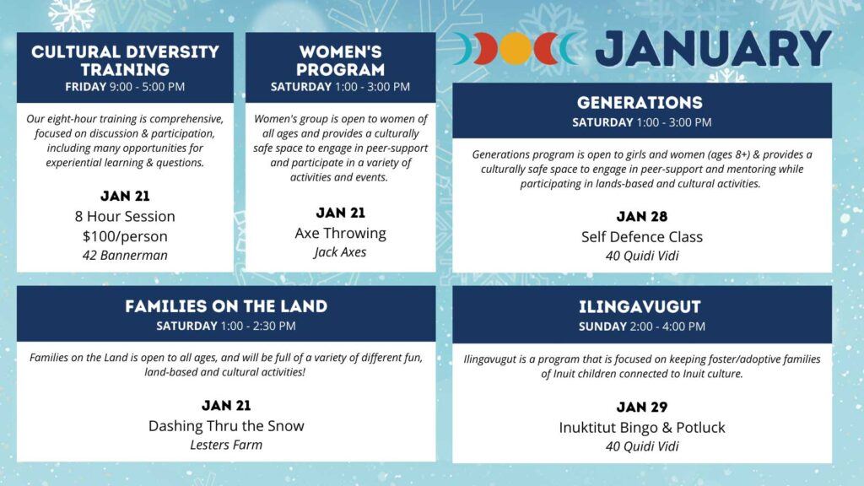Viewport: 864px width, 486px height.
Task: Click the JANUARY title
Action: coord(714,49)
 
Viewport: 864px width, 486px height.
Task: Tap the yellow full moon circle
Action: coord(516,48)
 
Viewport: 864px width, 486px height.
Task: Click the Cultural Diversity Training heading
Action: coord(125,61)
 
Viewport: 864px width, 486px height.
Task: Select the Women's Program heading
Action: coord(341,61)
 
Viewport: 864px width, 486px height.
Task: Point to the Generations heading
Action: coord(640,102)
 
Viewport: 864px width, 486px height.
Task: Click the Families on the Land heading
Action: coord(226,306)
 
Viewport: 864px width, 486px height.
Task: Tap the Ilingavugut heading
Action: coord(640,307)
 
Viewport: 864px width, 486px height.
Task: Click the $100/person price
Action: coord(125,236)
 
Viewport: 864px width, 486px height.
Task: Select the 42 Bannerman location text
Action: coord(125,255)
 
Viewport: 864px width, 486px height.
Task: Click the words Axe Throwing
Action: coord(341,234)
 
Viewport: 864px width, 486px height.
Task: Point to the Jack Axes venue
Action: coord(341,252)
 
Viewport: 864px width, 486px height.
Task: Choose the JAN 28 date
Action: coord(642,217)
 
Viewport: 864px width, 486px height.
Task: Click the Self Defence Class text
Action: coord(642,237)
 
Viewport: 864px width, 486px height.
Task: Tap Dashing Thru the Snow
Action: coord(226,426)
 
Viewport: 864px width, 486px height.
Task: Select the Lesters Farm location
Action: coord(226,445)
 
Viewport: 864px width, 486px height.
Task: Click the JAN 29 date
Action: coord(642,408)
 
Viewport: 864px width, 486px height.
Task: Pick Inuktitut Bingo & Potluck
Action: coord(642,428)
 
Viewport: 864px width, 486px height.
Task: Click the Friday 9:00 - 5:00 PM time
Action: coord(125,87)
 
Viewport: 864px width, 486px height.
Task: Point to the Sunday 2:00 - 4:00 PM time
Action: coord(642,327)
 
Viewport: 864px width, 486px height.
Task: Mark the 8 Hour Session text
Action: coord(125,217)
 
